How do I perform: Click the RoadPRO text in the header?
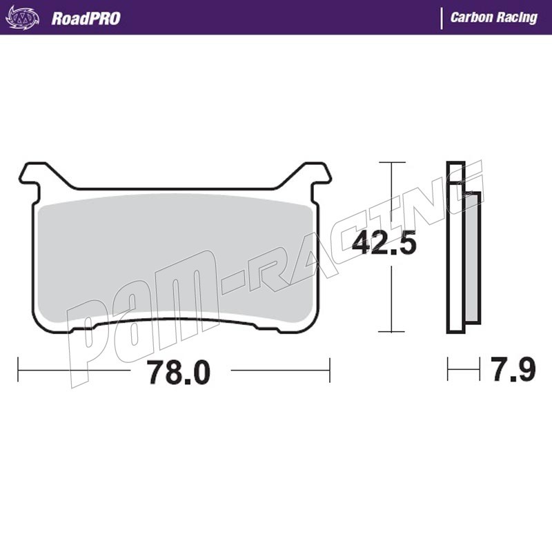[86, 19]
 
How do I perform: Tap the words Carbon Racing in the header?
[494, 18]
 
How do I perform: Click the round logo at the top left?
[23, 18]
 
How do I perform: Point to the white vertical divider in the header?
[442, 19]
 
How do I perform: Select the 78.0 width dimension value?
[179, 373]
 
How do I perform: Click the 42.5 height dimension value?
[384, 243]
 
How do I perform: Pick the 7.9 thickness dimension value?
[513, 369]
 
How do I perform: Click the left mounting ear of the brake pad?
[33, 176]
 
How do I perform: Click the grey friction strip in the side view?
[473, 257]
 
